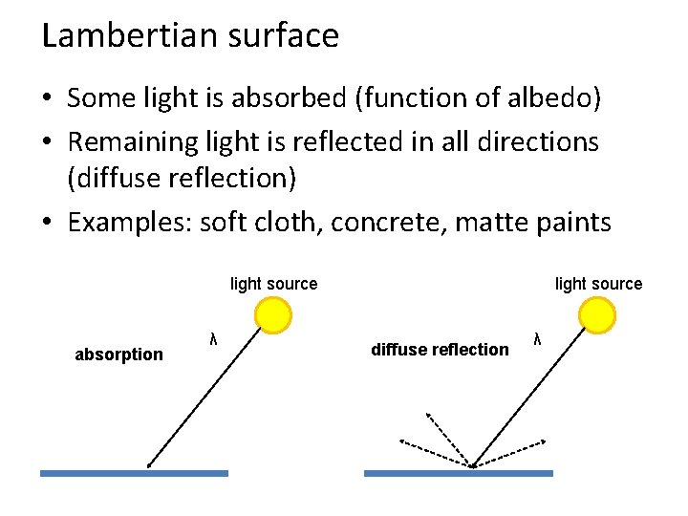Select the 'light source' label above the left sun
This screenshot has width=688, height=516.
273,284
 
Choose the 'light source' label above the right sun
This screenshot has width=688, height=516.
598,284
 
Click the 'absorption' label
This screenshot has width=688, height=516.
118,355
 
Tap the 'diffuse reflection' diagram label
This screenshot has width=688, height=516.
440,350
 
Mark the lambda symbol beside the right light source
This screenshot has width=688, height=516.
537,337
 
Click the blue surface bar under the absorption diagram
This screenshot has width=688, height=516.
134,472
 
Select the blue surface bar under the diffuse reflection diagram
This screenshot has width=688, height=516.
458,472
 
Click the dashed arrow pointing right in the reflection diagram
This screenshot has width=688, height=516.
511,453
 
